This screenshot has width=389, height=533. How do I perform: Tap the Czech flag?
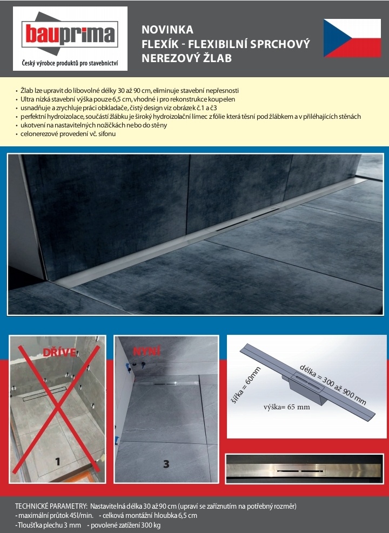[352, 38]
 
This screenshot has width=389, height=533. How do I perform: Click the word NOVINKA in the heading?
[167, 30]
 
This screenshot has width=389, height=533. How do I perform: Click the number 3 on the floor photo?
[166, 464]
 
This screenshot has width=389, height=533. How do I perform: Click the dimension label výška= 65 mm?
[287, 407]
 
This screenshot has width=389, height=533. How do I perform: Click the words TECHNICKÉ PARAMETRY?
[51, 506]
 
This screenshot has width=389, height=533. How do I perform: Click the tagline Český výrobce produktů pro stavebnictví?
[69, 64]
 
